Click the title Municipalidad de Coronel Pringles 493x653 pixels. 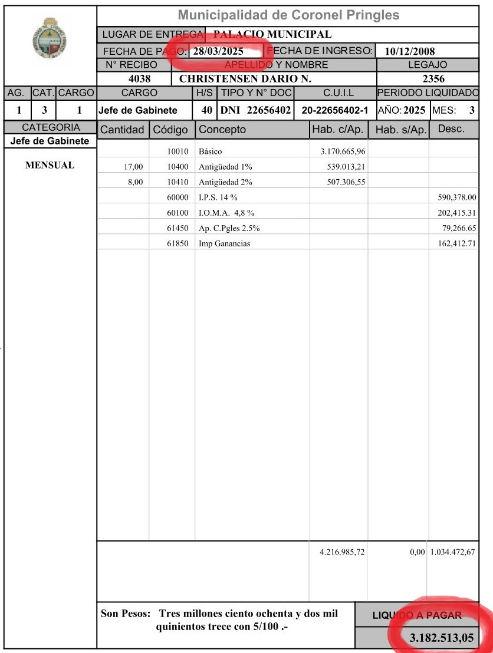click(288, 15)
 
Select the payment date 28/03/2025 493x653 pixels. click(218, 51)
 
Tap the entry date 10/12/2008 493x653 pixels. click(409, 51)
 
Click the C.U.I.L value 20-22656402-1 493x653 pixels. click(334, 110)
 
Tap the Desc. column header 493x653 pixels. click(452, 129)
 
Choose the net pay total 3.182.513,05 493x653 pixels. click(442, 638)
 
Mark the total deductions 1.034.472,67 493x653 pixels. click(453, 552)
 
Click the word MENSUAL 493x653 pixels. click(50, 165)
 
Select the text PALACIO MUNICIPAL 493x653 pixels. click(272, 34)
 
